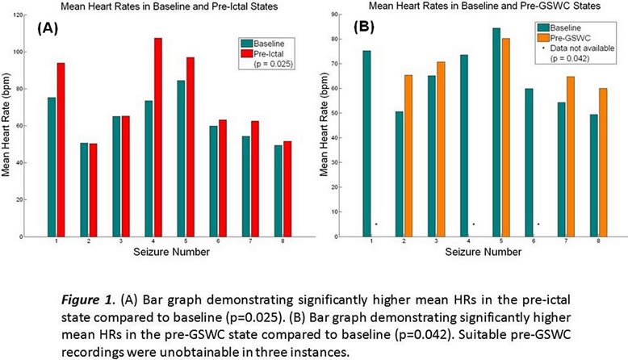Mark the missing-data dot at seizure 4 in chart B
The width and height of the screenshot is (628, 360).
click(x=474, y=224)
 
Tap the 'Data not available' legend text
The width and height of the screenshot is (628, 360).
click(x=578, y=48)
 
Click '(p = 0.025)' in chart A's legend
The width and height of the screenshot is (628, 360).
click(x=274, y=61)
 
